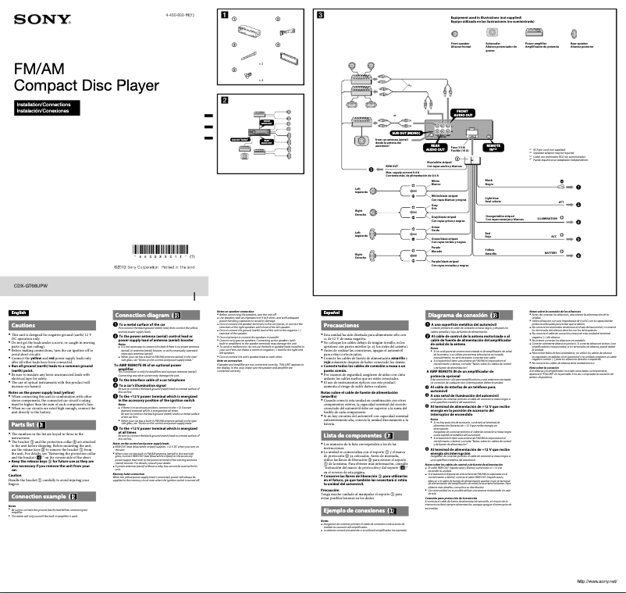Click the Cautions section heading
coord(23,325)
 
